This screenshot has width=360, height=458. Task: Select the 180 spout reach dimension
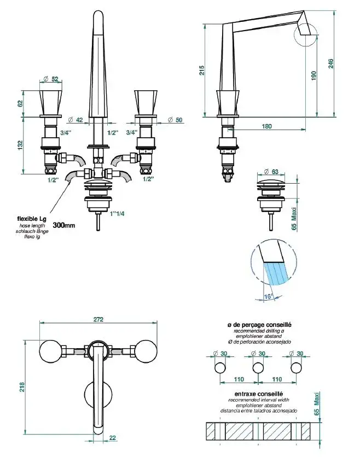pyautogui.click(x=267, y=126)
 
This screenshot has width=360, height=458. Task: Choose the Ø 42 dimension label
pyautogui.click(x=76, y=119)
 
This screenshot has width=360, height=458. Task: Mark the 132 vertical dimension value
pyautogui.click(x=20, y=146)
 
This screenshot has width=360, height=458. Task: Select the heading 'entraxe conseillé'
pyautogui.click(x=259, y=394)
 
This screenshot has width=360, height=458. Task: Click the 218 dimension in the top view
pyautogui.click(x=21, y=386)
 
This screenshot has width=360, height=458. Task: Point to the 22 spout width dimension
pyautogui.click(x=113, y=437)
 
